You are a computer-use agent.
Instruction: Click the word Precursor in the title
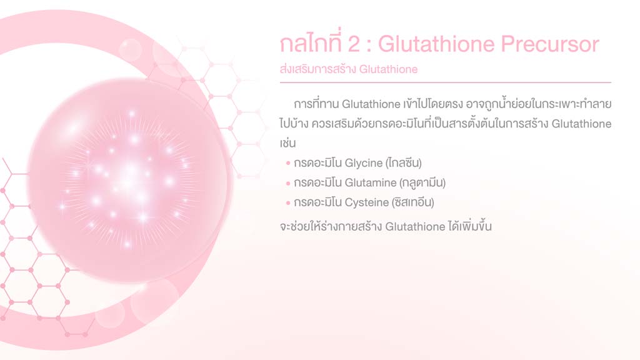pos(550,44)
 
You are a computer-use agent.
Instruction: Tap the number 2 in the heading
pos(354,44)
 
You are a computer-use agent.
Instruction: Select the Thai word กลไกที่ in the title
pos(311,43)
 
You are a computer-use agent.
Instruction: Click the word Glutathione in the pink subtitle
pos(388,69)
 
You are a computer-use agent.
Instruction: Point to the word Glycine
pos(364,163)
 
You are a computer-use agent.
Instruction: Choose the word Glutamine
pos(371,182)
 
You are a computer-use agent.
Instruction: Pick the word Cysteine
pos(366,202)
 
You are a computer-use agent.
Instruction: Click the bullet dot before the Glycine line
pos(288,163)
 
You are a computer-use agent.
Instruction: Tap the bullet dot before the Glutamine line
pos(288,183)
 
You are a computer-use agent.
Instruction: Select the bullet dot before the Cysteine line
pos(288,203)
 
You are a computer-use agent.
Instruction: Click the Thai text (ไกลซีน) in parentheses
pos(403,163)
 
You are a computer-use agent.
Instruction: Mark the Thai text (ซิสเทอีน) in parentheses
pos(412,202)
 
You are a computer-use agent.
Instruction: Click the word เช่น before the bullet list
pos(287,143)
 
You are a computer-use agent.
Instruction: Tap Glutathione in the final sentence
pos(415,226)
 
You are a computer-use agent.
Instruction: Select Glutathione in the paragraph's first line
pos(371,104)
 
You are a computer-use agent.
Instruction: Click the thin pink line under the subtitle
pos(445,82)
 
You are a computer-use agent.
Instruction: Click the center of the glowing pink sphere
pos(127,179)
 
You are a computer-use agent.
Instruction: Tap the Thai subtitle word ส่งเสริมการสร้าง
pos(318,69)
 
